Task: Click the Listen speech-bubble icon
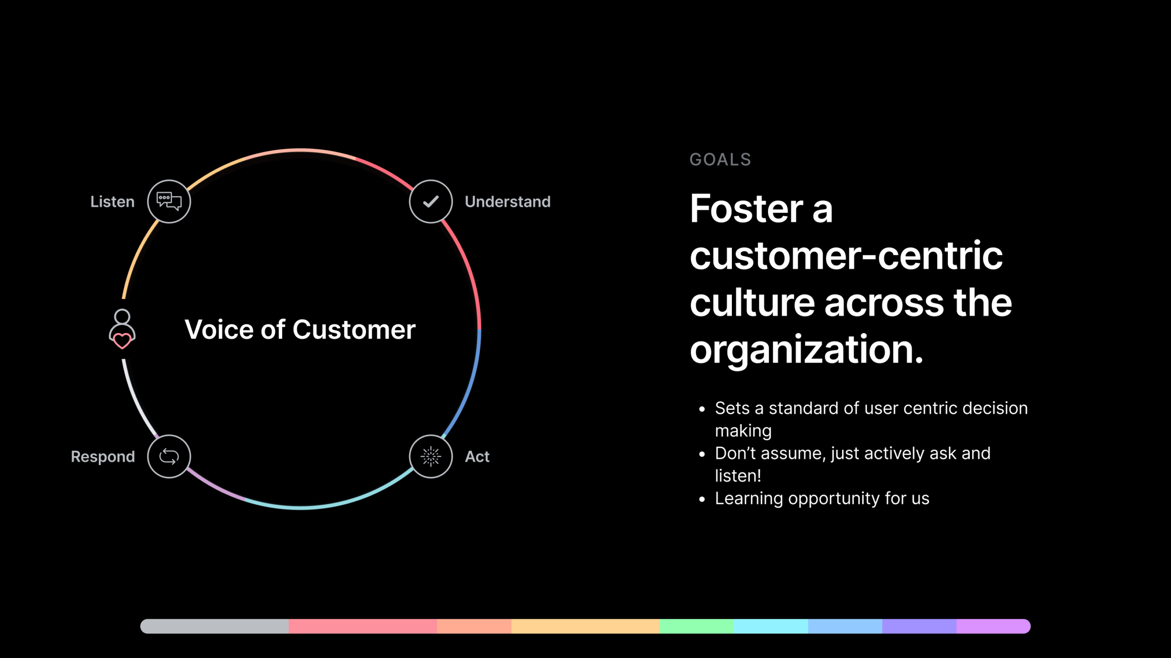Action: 169,201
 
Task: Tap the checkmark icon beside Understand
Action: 431,202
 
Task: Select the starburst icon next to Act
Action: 431,456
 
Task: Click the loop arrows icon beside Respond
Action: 169,456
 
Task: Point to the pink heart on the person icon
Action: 122,341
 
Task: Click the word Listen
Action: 113,202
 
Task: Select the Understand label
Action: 508,202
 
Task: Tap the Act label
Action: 477,456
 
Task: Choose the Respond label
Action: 103,456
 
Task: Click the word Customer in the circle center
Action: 354,329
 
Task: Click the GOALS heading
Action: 720,159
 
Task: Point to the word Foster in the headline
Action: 747,208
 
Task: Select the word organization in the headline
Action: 806,350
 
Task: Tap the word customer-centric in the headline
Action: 846,255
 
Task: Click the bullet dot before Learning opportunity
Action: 702,499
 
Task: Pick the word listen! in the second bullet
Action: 738,476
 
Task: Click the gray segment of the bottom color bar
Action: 215,626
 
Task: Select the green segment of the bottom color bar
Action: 697,626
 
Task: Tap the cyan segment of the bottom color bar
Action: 771,626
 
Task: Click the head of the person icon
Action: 122,316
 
